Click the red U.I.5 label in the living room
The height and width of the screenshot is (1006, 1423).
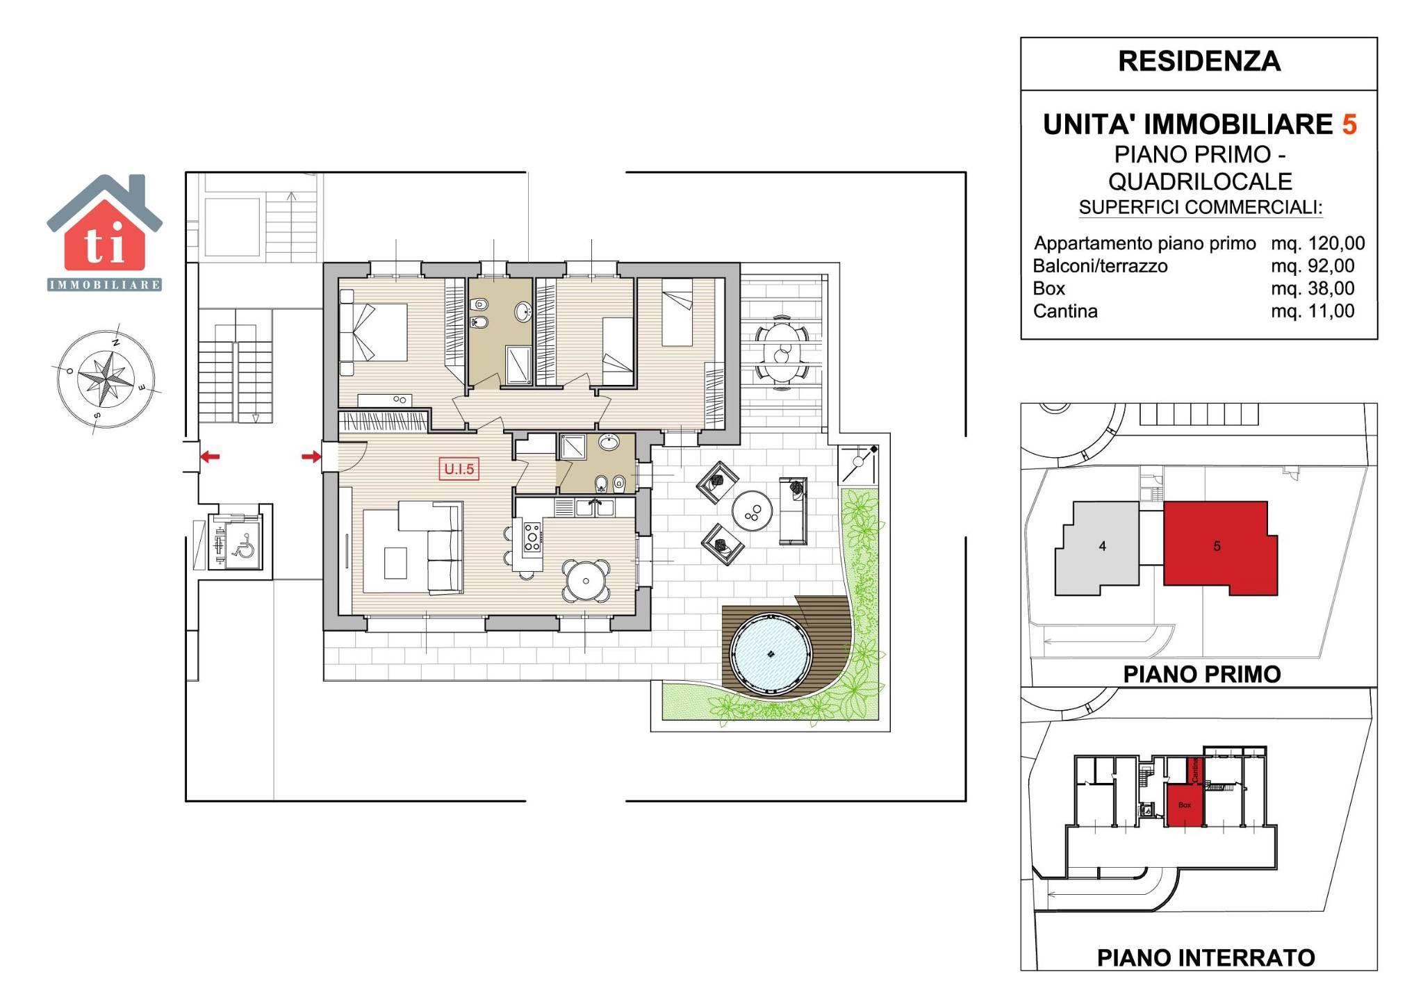pos(459,469)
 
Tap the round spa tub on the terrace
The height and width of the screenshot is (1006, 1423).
pos(770,653)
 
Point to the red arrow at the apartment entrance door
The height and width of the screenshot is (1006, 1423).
pos(311,456)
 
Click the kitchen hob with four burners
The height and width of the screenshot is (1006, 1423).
pos(532,537)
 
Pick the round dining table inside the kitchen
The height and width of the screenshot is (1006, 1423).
pos(586,581)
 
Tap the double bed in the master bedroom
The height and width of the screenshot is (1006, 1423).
pos(373,332)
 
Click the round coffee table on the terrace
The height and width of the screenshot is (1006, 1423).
pos(752,511)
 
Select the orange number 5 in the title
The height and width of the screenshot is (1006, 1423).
pos(1349,124)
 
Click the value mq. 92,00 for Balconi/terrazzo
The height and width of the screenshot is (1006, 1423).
pos(1313,265)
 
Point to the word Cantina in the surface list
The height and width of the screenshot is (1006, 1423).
pos(1065,311)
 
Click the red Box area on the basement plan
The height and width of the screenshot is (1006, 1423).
pos(1185,805)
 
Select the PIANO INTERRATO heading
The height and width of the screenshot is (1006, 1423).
pos(1206,957)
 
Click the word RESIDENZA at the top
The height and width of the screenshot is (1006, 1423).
pos(1199,61)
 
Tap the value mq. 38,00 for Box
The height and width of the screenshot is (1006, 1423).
pos(1313,288)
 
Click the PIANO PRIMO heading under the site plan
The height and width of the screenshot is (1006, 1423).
pos(1202,674)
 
